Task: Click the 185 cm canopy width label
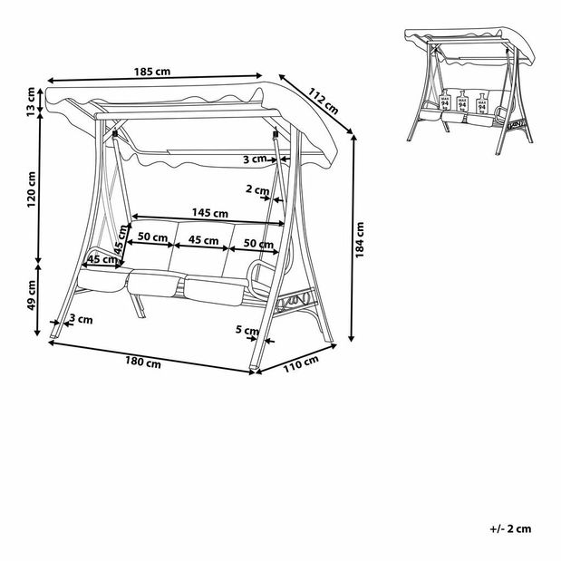pos(150,70)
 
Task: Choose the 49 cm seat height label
pos(32,293)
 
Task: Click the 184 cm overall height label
pos(361,237)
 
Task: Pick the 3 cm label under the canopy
pos(257,160)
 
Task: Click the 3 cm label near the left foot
pos(80,319)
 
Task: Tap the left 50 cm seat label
pos(151,237)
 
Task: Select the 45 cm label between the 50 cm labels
pos(202,241)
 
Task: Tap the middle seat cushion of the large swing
pos(159,284)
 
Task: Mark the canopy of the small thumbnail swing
pos(462,42)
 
